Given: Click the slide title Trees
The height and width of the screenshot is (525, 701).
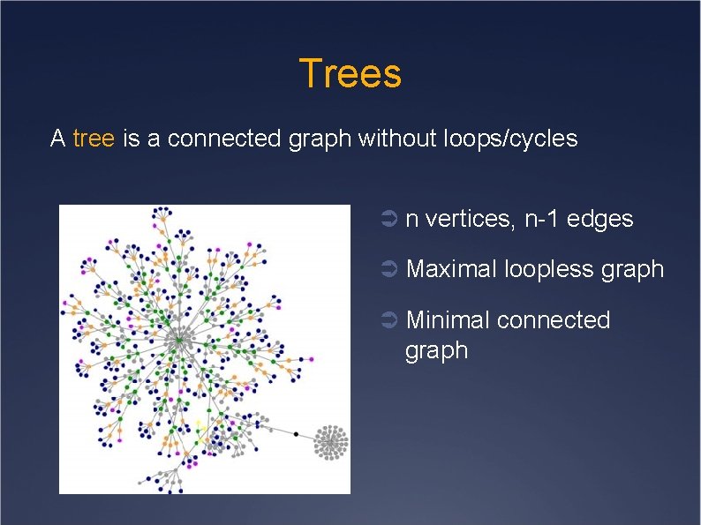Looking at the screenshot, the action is (350, 73).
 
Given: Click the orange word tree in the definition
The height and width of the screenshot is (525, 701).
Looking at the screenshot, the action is (94, 139).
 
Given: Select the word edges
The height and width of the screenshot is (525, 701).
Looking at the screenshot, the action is (602, 219).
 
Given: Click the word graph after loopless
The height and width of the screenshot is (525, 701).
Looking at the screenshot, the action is (631, 269).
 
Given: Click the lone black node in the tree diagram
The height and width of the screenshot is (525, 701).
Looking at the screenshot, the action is (297, 434).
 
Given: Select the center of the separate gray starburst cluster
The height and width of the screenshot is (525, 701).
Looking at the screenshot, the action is (332, 441).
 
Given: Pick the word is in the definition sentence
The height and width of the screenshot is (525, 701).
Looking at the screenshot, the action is (132, 139).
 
